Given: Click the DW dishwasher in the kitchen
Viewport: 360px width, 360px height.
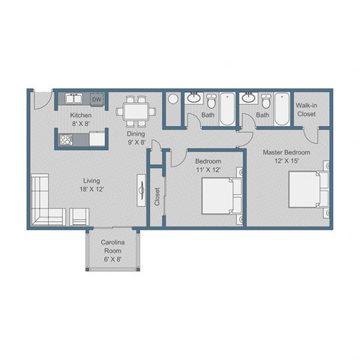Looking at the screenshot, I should coord(97,98).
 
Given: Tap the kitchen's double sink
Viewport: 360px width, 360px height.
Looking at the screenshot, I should coord(73,98).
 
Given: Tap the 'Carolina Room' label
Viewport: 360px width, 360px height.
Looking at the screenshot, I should coord(112,248).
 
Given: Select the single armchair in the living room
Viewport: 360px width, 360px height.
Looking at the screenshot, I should coord(79,217).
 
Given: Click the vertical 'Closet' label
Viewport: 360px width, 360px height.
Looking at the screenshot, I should coord(157,196).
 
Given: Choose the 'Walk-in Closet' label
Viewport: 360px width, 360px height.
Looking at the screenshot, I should coord(307,110).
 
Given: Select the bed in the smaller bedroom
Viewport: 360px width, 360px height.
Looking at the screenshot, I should coord(221,196).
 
